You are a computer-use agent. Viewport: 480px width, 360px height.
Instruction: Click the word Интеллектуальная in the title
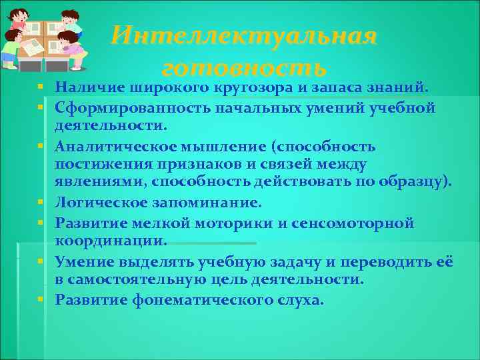click(x=244, y=35)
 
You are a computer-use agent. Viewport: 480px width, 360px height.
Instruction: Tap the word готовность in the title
click(x=244, y=67)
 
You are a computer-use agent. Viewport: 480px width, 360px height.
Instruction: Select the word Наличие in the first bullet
click(x=84, y=87)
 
